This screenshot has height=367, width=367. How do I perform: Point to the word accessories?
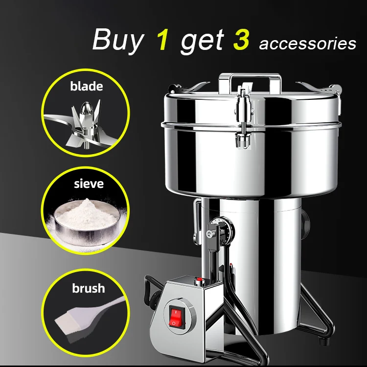pyautogui.click(x=307, y=44)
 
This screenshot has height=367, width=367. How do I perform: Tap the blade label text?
pyautogui.click(x=86, y=87)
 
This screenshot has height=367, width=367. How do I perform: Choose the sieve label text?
pyautogui.click(x=86, y=184)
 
